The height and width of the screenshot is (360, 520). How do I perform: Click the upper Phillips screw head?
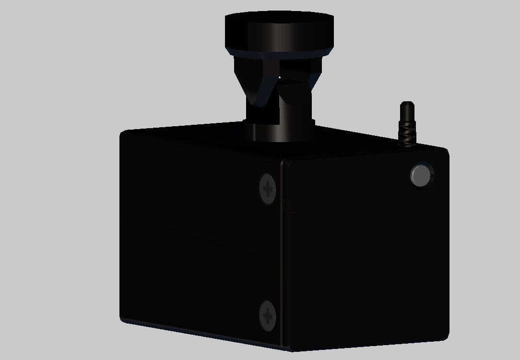[268, 189]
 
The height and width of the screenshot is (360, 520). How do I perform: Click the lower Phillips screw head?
[268, 315]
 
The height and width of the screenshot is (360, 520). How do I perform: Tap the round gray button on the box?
[421, 175]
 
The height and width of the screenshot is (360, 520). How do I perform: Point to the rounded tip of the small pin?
[407, 104]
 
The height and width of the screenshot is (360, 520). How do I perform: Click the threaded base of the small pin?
[406, 136]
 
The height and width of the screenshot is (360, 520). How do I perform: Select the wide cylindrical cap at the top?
[279, 31]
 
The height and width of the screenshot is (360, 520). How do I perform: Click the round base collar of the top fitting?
[278, 131]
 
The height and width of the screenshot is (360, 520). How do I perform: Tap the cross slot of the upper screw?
[268, 189]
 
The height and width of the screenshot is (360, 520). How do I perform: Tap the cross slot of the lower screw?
[268, 316]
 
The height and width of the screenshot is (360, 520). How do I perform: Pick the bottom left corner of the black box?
[121, 319]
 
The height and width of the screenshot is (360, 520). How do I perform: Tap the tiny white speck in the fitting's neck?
[280, 77]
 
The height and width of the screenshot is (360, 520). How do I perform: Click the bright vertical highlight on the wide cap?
[274, 34]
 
